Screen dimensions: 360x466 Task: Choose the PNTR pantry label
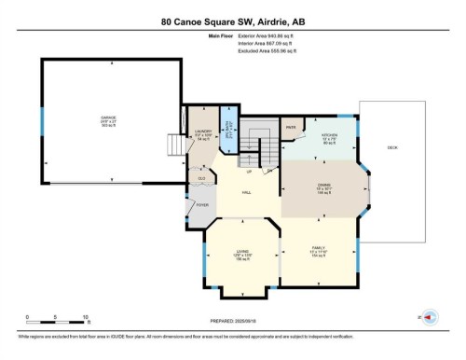point(291,125)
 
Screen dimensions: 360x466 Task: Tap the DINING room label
point(323,185)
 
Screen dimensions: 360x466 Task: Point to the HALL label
point(246,191)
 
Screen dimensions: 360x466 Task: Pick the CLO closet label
point(200,175)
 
